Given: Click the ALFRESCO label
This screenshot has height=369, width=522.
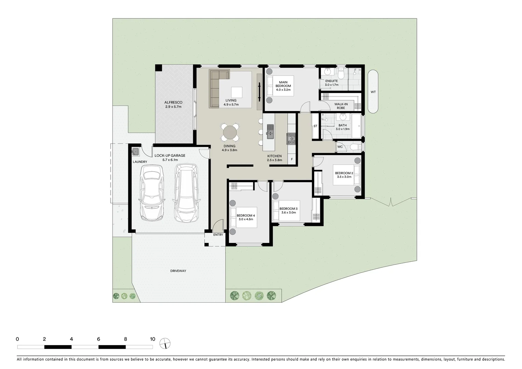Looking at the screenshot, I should coord(173,102).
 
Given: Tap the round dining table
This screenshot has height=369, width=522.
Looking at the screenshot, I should coord(230,133).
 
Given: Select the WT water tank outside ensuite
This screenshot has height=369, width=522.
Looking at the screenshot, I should coord(373,92).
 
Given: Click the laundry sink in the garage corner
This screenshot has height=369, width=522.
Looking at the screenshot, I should coord(136,151).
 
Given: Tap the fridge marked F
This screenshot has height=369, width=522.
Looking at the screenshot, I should coord(292,159).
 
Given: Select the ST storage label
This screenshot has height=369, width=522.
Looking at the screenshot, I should coord(315,126).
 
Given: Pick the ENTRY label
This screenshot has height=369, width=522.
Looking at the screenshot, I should coord(218,235).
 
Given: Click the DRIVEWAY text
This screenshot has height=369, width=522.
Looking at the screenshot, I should coord(178,271).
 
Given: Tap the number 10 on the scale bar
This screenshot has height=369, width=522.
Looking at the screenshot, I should coord(152,339).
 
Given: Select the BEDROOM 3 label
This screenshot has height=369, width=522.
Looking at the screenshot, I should coord(288,209).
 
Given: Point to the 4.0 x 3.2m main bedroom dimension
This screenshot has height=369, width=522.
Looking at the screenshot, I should coord(283,90).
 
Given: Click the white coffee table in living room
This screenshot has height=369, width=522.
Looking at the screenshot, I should coord(237,93).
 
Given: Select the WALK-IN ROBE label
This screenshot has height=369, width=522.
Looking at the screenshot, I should coord(340,106).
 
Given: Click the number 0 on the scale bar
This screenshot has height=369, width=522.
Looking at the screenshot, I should coord(17,339).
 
